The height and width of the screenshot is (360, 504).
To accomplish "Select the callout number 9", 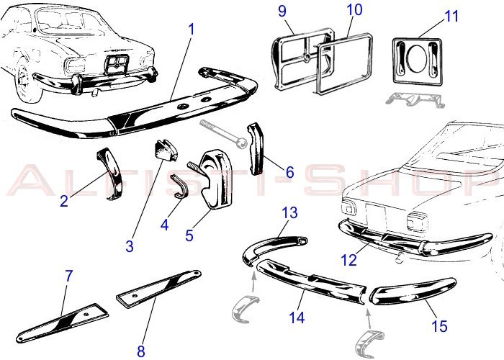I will pyautogui.click(x=282, y=11).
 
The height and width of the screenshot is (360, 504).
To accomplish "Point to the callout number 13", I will pyautogui.click(x=289, y=213).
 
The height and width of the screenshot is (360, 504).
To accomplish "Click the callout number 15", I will pyautogui.click(x=439, y=326).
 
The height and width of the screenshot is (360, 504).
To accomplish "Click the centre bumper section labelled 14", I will pyautogui.click(x=310, y=282).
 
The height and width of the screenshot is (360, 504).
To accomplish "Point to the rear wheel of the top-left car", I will pyautogui.click(x=24, y=80).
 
